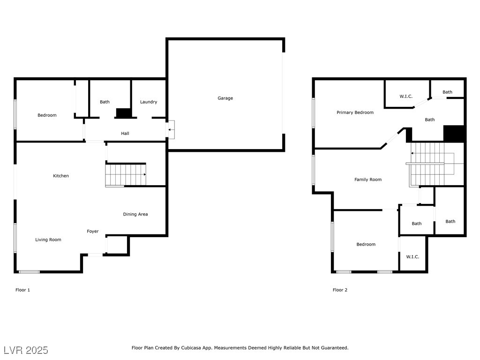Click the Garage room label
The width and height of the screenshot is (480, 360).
(x=225, y=98)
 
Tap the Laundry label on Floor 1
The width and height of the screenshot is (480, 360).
(x=149, y=102)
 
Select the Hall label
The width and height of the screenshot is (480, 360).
(x=125, y=134)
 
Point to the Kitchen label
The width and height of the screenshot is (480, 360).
(x=61, y=176)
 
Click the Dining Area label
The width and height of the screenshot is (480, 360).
(x=135, y=214)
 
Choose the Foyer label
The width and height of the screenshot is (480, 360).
(x=93, y=232)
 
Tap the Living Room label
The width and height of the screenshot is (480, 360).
(x=48, y=240)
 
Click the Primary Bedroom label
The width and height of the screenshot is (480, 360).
(x=355, y=112)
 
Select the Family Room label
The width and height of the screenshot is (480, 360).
(x=368, y=180)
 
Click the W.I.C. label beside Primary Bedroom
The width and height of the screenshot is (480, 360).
(x=406, y=97)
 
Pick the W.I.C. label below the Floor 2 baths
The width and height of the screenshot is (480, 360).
(x=412, y=257)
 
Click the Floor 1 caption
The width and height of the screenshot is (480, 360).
(x=22, y=290)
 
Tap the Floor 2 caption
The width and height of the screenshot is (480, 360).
(x=340, y=290)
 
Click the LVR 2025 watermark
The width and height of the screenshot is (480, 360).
(x=26, y=350)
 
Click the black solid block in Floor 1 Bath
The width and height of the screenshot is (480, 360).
(x=124, y=113)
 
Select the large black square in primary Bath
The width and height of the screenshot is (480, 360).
(x=454, y=134)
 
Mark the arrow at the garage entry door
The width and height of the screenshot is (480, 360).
(x=171, y=130)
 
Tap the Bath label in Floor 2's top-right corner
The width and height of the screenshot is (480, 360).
(x=447, y=92)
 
